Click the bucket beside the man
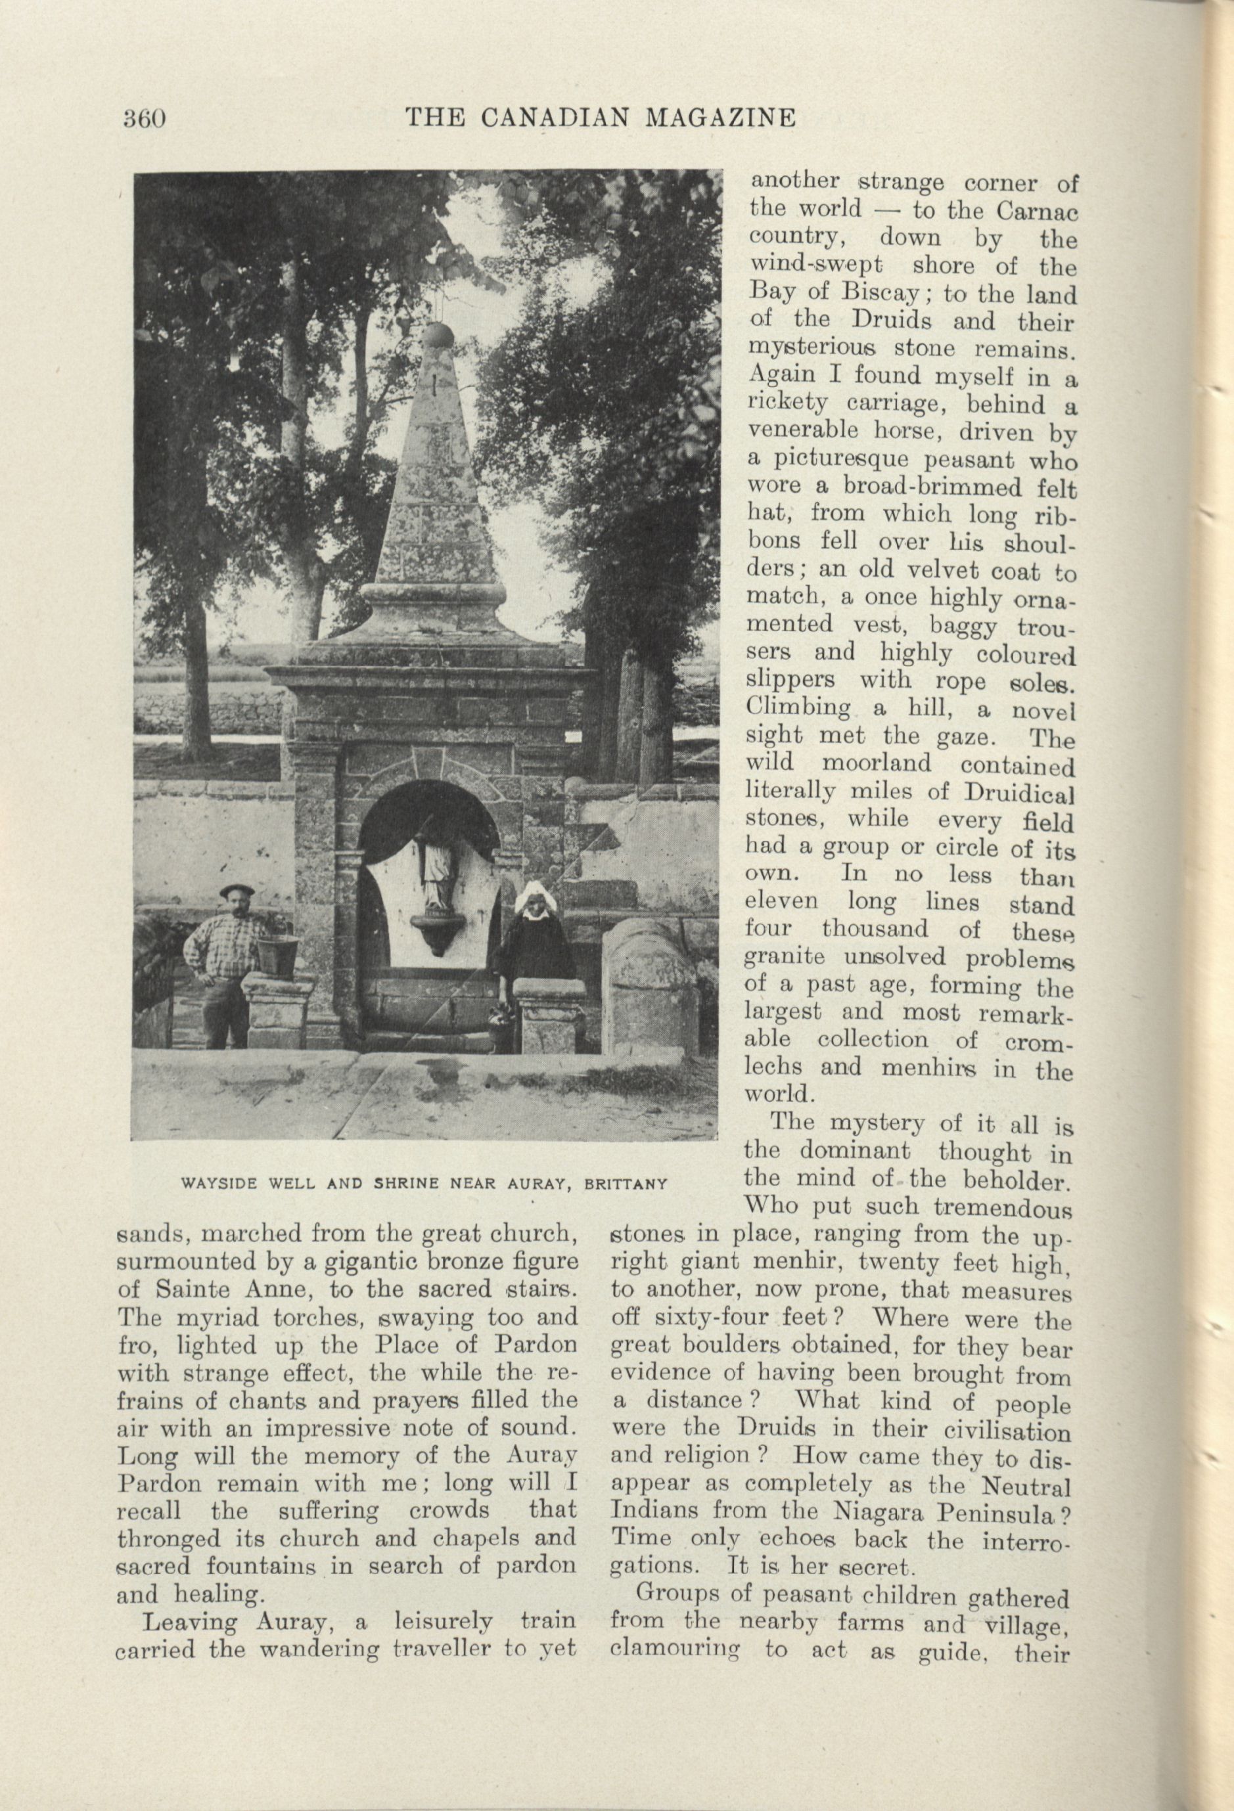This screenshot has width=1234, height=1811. tap(276, 954)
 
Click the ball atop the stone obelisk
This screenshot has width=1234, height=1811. tap(438, 336)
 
